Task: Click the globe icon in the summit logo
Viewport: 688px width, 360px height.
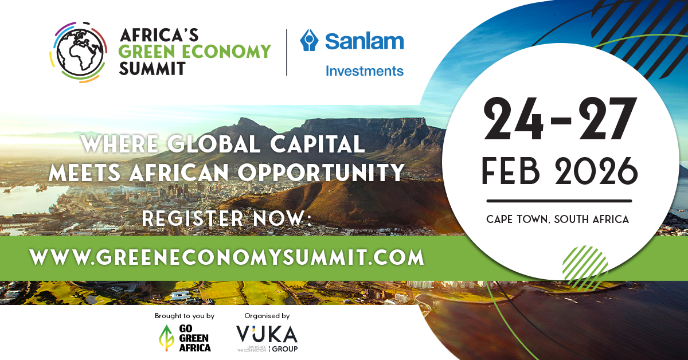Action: point(77,52)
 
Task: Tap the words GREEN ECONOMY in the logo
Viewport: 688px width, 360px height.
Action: point(195,52)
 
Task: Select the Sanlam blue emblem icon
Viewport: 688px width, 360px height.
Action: point(310,41)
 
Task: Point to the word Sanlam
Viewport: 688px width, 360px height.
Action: point(365,41)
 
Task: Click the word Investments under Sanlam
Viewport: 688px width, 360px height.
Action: point(365,71)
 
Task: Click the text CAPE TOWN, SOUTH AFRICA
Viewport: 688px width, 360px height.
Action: point(557,219)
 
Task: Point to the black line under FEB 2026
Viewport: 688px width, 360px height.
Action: point(558,201)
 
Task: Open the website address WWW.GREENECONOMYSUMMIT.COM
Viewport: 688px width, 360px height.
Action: point(227,256)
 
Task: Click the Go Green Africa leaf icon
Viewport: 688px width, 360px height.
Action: point(165,338)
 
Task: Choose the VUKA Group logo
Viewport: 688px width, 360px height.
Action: point(267,337)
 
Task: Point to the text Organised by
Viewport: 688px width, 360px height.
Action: point(267,316)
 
